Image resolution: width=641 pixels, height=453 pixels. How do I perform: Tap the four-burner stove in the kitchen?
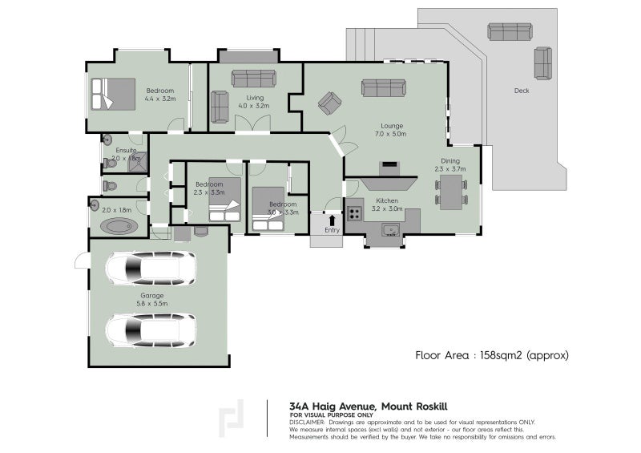coord(354,213)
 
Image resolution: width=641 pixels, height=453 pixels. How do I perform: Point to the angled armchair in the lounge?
coord(329,103)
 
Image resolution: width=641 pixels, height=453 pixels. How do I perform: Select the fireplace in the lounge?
coord(389,168)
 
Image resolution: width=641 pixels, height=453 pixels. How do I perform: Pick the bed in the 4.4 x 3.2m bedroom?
coord(112,93)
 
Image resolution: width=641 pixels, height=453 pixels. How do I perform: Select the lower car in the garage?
coord(151,329)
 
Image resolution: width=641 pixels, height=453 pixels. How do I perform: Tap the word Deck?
coord(522,91)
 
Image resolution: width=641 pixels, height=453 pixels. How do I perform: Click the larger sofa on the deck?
coord(510,31)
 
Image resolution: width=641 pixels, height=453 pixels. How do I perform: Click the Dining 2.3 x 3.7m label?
coord(450,164)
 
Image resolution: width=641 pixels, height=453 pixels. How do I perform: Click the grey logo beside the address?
coord(232,417)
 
